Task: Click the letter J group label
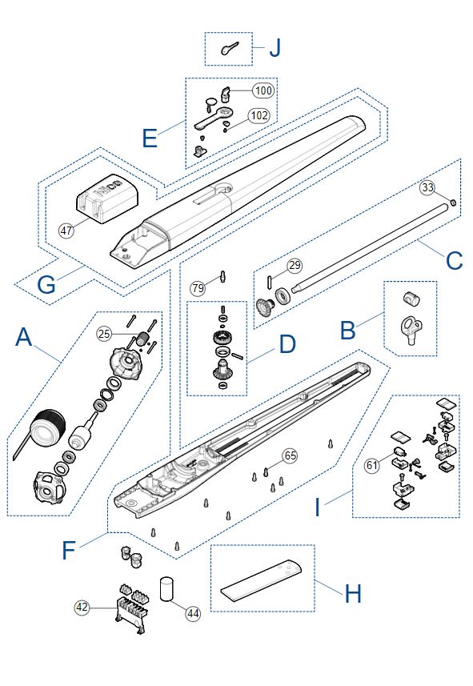click(275, 48)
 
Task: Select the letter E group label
click(150, 138)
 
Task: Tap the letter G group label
click(46, 285)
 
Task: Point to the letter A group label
click(24, 337)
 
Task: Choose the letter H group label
click(353, 594)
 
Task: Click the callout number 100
click(263, 90)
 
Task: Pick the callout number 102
click(259, 115)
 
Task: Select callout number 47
click(66, 231)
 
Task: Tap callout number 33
click(427, 187)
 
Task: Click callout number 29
click(295, 265)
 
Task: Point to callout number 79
click(198, 288)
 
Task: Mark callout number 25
click(104, 334)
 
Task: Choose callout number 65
click(291, 456)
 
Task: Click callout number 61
click(372, 465)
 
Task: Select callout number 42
click(82, 608)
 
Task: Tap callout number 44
click(193, 614)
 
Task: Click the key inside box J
click(228, 49)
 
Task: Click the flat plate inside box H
click(261, 581)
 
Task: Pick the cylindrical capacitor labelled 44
click(166, 589)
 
